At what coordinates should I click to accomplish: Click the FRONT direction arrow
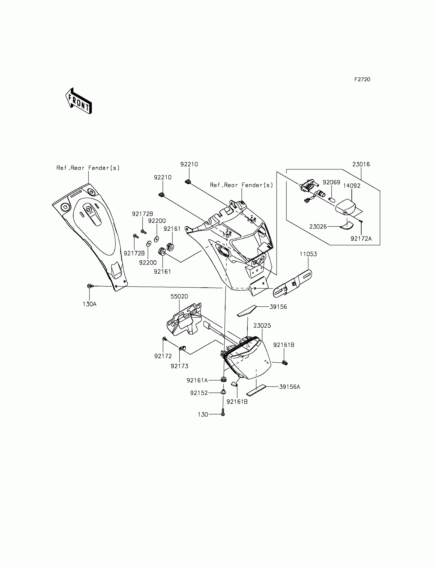(x=79, y=101)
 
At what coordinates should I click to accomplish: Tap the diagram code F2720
(x=362, y=80)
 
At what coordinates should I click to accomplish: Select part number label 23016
(x=361, y=164)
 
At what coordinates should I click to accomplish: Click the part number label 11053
(x=308, y=254)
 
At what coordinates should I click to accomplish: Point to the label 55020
(x=179, y=296)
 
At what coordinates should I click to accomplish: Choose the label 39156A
(x=289, y=387)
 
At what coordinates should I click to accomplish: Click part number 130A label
(x=90, y=304)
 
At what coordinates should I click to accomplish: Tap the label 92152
(x=199, y=393)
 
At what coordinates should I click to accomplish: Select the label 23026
(x=318, y=227)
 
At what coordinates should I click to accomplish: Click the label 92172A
(x=361, y=239)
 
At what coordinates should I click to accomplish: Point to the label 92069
(x=331, y=182)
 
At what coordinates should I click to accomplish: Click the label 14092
(x=352, y=186)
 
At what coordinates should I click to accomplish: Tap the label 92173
(x=179, y=366)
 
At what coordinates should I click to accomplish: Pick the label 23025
(x=262, y=326)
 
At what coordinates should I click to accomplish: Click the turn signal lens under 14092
(x=346, y=207)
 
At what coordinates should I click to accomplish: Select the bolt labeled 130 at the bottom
(x=223, y=414)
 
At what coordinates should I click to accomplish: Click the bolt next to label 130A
(x=90, y=286)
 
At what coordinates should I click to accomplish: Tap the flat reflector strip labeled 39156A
(x=256, y=390)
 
